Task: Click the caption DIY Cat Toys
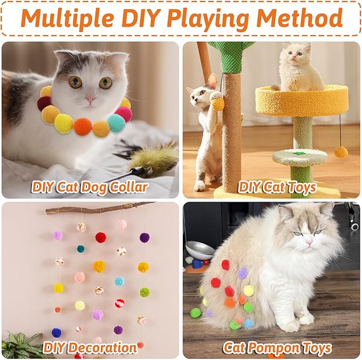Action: point(277,187)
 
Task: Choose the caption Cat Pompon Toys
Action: point(277,348)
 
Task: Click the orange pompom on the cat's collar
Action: point(83,126)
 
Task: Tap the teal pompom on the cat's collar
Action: point(116,123)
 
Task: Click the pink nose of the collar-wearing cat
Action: point(91,99)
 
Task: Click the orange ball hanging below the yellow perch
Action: point(341,152)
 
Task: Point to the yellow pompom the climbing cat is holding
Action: point(218,103)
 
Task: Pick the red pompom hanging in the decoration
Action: point(101,237)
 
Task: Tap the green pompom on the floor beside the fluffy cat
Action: point(196,313)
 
